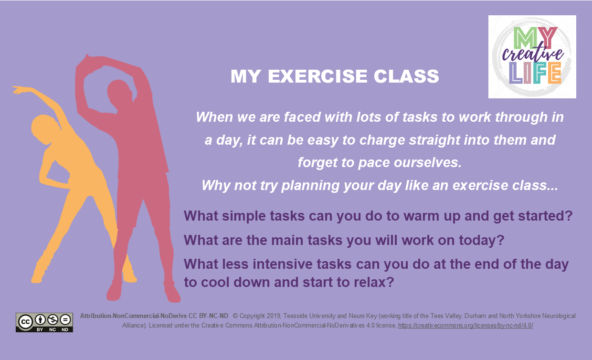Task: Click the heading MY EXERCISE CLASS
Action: point(335,76)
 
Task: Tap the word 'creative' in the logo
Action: point(532,54)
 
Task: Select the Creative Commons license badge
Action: point(44,322)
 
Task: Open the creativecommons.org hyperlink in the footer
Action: point(465,325)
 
